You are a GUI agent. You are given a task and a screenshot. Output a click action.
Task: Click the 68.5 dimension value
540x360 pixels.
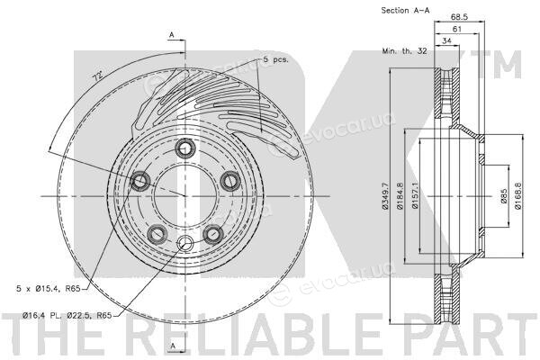point(459,17)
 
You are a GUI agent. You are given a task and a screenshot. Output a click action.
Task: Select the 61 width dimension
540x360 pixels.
point(456,30)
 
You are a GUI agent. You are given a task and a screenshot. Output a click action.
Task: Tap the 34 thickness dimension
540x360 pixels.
point(446,40)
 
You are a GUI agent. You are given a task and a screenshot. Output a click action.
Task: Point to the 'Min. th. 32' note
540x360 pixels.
point(404,51)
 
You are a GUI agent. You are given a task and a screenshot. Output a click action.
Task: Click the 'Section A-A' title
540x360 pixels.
point(405,10)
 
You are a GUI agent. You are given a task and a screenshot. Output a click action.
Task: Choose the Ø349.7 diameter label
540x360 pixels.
point(384,195)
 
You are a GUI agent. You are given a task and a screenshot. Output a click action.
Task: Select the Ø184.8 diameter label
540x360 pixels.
point(400,195)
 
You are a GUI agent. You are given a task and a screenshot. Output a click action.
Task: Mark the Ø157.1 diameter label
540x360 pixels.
point(415,195)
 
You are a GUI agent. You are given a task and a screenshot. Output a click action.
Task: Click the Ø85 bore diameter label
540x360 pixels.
point(504,195)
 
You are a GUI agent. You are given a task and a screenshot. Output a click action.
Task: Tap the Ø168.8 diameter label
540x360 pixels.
point(518,195)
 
